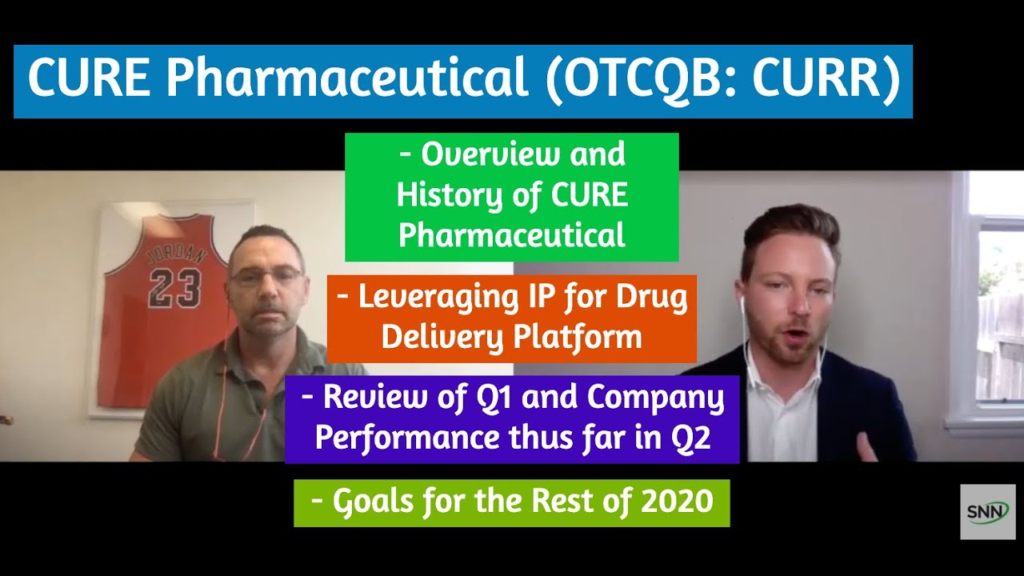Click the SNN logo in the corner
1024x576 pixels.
pos(988,511)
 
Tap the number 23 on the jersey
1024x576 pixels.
pos(174,289)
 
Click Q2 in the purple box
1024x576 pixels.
pos(692,438)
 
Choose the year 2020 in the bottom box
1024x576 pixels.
pos(677,502)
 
